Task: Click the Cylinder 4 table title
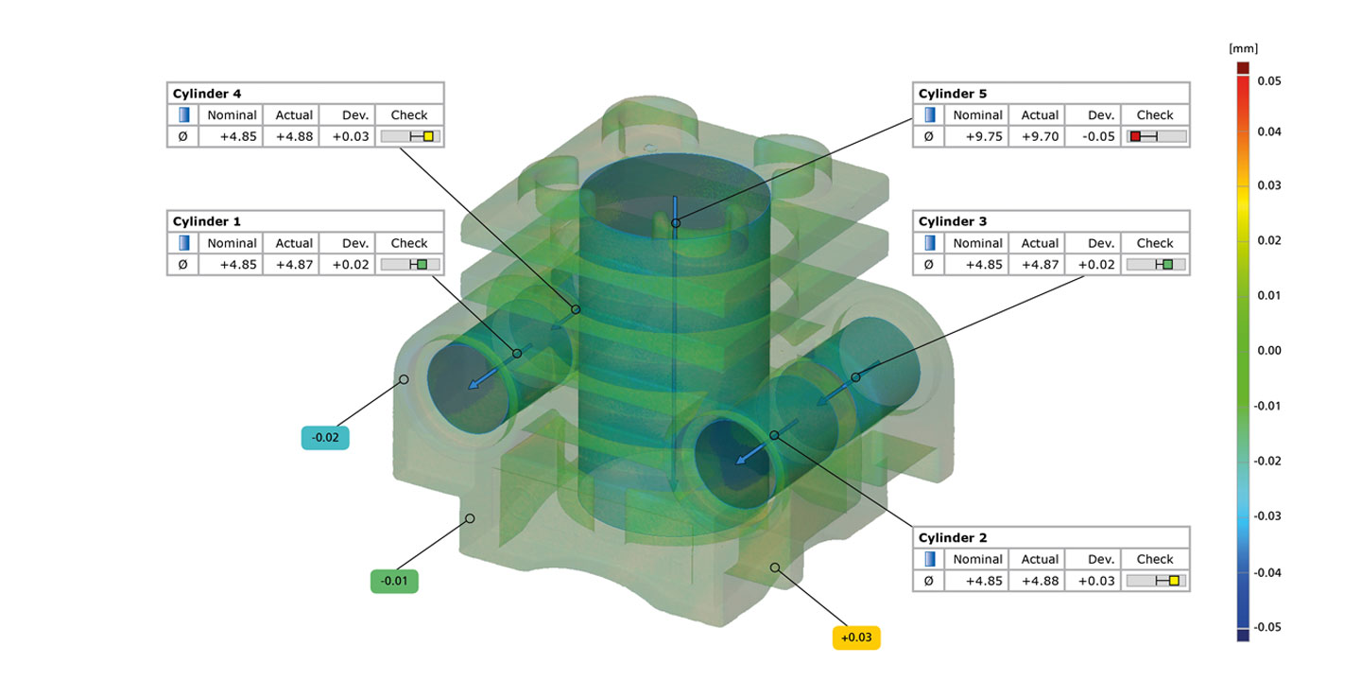[207, 94]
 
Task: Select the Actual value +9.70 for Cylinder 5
[1040, 136]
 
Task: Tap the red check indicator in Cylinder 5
[1136, 136]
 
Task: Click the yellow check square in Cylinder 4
[428, 136]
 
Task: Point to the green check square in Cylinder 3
[1168, 265]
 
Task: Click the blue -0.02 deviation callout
[325, 438]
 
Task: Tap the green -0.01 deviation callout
[393, 581]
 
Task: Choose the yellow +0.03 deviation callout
[856, 637]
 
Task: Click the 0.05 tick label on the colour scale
[1269, 81]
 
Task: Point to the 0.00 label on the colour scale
[1269, 350]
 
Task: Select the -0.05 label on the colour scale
[1267, 626]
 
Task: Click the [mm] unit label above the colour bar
[1243, 47]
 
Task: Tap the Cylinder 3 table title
[953, 221]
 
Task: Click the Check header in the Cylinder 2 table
[1155, 559]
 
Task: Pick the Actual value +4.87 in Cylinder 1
[294, 265]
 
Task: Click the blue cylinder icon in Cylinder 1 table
[183, 243]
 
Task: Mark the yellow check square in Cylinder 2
[1174, 581]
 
